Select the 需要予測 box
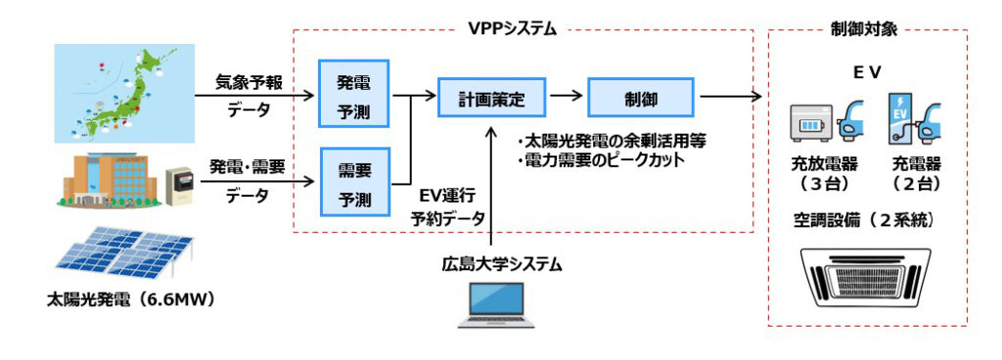tap(353, 181)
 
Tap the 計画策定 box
tap(493, 98)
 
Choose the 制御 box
tap(640, 98)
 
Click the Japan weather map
tap(123, 94)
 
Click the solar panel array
tap(124, 255)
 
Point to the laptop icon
tap(496, 305)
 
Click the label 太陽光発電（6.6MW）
tap(130, 298)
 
